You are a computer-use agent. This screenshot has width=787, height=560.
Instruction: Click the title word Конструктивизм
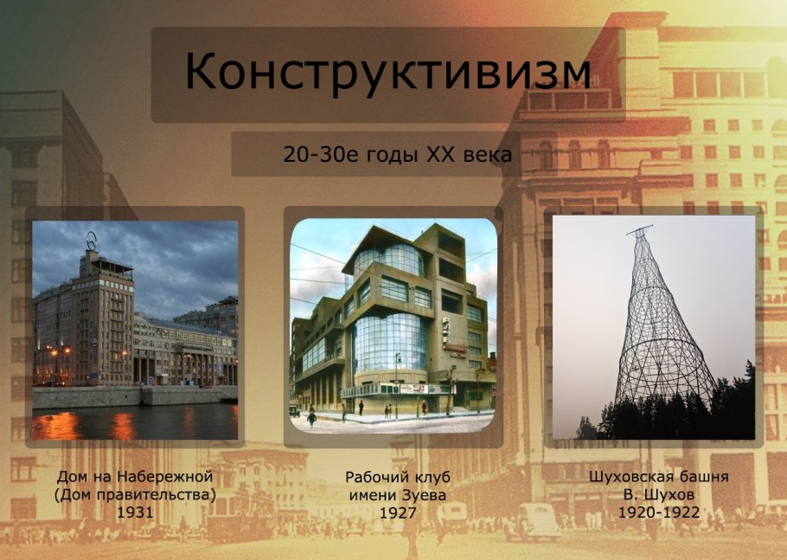click(387, 73)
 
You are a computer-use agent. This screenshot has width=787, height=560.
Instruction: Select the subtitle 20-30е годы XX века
click(397, 155)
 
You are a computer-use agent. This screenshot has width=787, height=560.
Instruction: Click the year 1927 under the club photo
click(398, 512)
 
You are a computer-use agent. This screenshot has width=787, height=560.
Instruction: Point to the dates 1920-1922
click(659, 512)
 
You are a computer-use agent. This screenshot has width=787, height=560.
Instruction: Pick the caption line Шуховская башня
click(659, 477)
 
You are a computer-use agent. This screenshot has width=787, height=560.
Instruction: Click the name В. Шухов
click(659, 494)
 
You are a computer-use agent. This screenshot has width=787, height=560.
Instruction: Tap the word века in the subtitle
click(489, 155)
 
